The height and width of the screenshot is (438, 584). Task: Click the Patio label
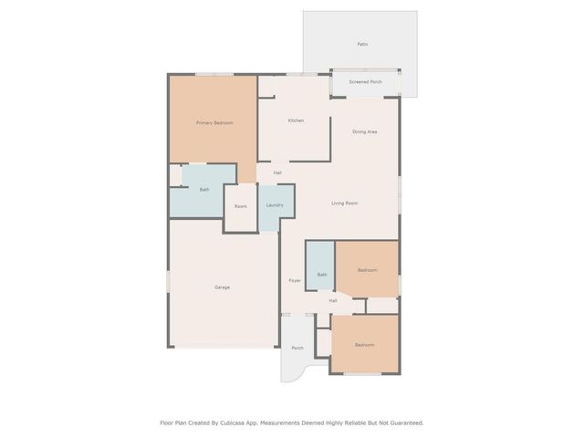[x=361, y=44]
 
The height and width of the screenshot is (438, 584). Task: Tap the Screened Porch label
[x=365, y=82]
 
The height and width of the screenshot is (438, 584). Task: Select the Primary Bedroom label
[x=214, y=122]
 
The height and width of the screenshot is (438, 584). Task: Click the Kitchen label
[x=296, y=120]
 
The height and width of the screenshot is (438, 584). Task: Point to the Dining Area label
[x=365, y=132]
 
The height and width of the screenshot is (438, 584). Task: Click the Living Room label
[x=344, y=203]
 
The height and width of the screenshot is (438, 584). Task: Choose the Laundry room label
[x=275, y=205]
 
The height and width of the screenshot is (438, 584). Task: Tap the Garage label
[x=222, y=287]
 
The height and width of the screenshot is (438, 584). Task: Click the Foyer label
[x=295, y=280]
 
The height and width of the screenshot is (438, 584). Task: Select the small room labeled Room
[x=240, y=206]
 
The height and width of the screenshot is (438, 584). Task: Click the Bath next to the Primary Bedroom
[x=204, y=190]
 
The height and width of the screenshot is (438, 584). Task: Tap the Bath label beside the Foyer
[x=321, y=275]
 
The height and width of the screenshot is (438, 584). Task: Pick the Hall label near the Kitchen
[x=276, y=172]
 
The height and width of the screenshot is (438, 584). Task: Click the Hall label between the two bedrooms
[x=333, y=300]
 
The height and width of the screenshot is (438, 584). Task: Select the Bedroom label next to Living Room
[x=366, y=271]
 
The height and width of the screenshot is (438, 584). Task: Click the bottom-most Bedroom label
[x=364, y=345]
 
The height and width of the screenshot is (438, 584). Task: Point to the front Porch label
[x=297, y=348]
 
